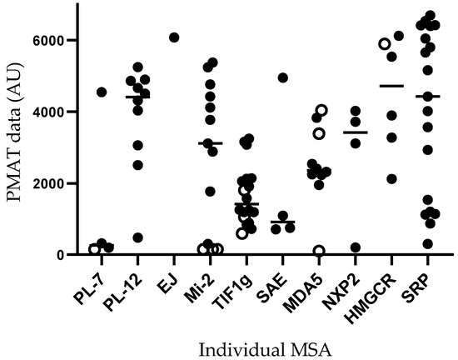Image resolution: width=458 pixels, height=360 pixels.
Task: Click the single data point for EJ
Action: pos(174,37)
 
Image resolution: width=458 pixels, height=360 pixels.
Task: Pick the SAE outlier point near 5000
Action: pos(283,77)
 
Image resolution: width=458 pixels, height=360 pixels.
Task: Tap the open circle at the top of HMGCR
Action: pos(384,44)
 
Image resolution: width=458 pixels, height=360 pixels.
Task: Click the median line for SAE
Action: pos(283,222)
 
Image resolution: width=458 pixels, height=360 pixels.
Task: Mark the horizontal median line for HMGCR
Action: pos(391,86)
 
